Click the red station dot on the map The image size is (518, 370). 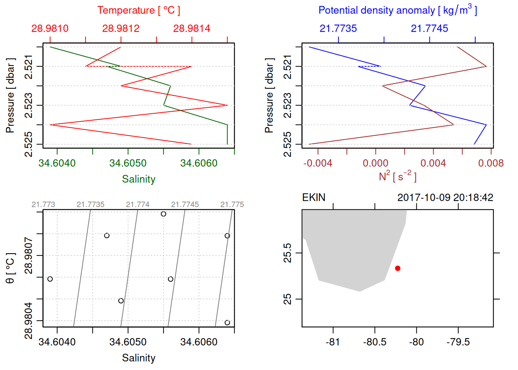[x=398, y=268]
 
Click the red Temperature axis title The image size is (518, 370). [x=138, y=10]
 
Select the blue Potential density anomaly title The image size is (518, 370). [x=397, y=10]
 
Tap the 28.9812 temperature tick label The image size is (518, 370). [x=121, y=29]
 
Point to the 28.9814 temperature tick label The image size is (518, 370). [x=192, y=29]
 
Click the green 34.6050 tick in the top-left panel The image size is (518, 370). [x=128, y=163]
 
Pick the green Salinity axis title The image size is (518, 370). [x=138, y=179]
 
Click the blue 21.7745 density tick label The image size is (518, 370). [x=429, y=29]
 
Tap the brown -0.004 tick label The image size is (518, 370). [x=318, y=163]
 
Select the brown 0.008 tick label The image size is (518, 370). [x=491, y=163]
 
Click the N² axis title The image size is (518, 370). [x=397, y=177]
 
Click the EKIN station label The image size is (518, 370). [x=314, y=198]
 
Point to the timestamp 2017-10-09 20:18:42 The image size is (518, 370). [x=445, y=198]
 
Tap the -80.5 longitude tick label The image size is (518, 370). [x=374, y=342]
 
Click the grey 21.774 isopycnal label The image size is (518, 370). [x=138, y=205]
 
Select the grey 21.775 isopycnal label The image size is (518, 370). [x=232, y=205]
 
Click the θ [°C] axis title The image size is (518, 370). [x=10, y=268]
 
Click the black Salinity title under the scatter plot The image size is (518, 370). [x=138, y=358]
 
